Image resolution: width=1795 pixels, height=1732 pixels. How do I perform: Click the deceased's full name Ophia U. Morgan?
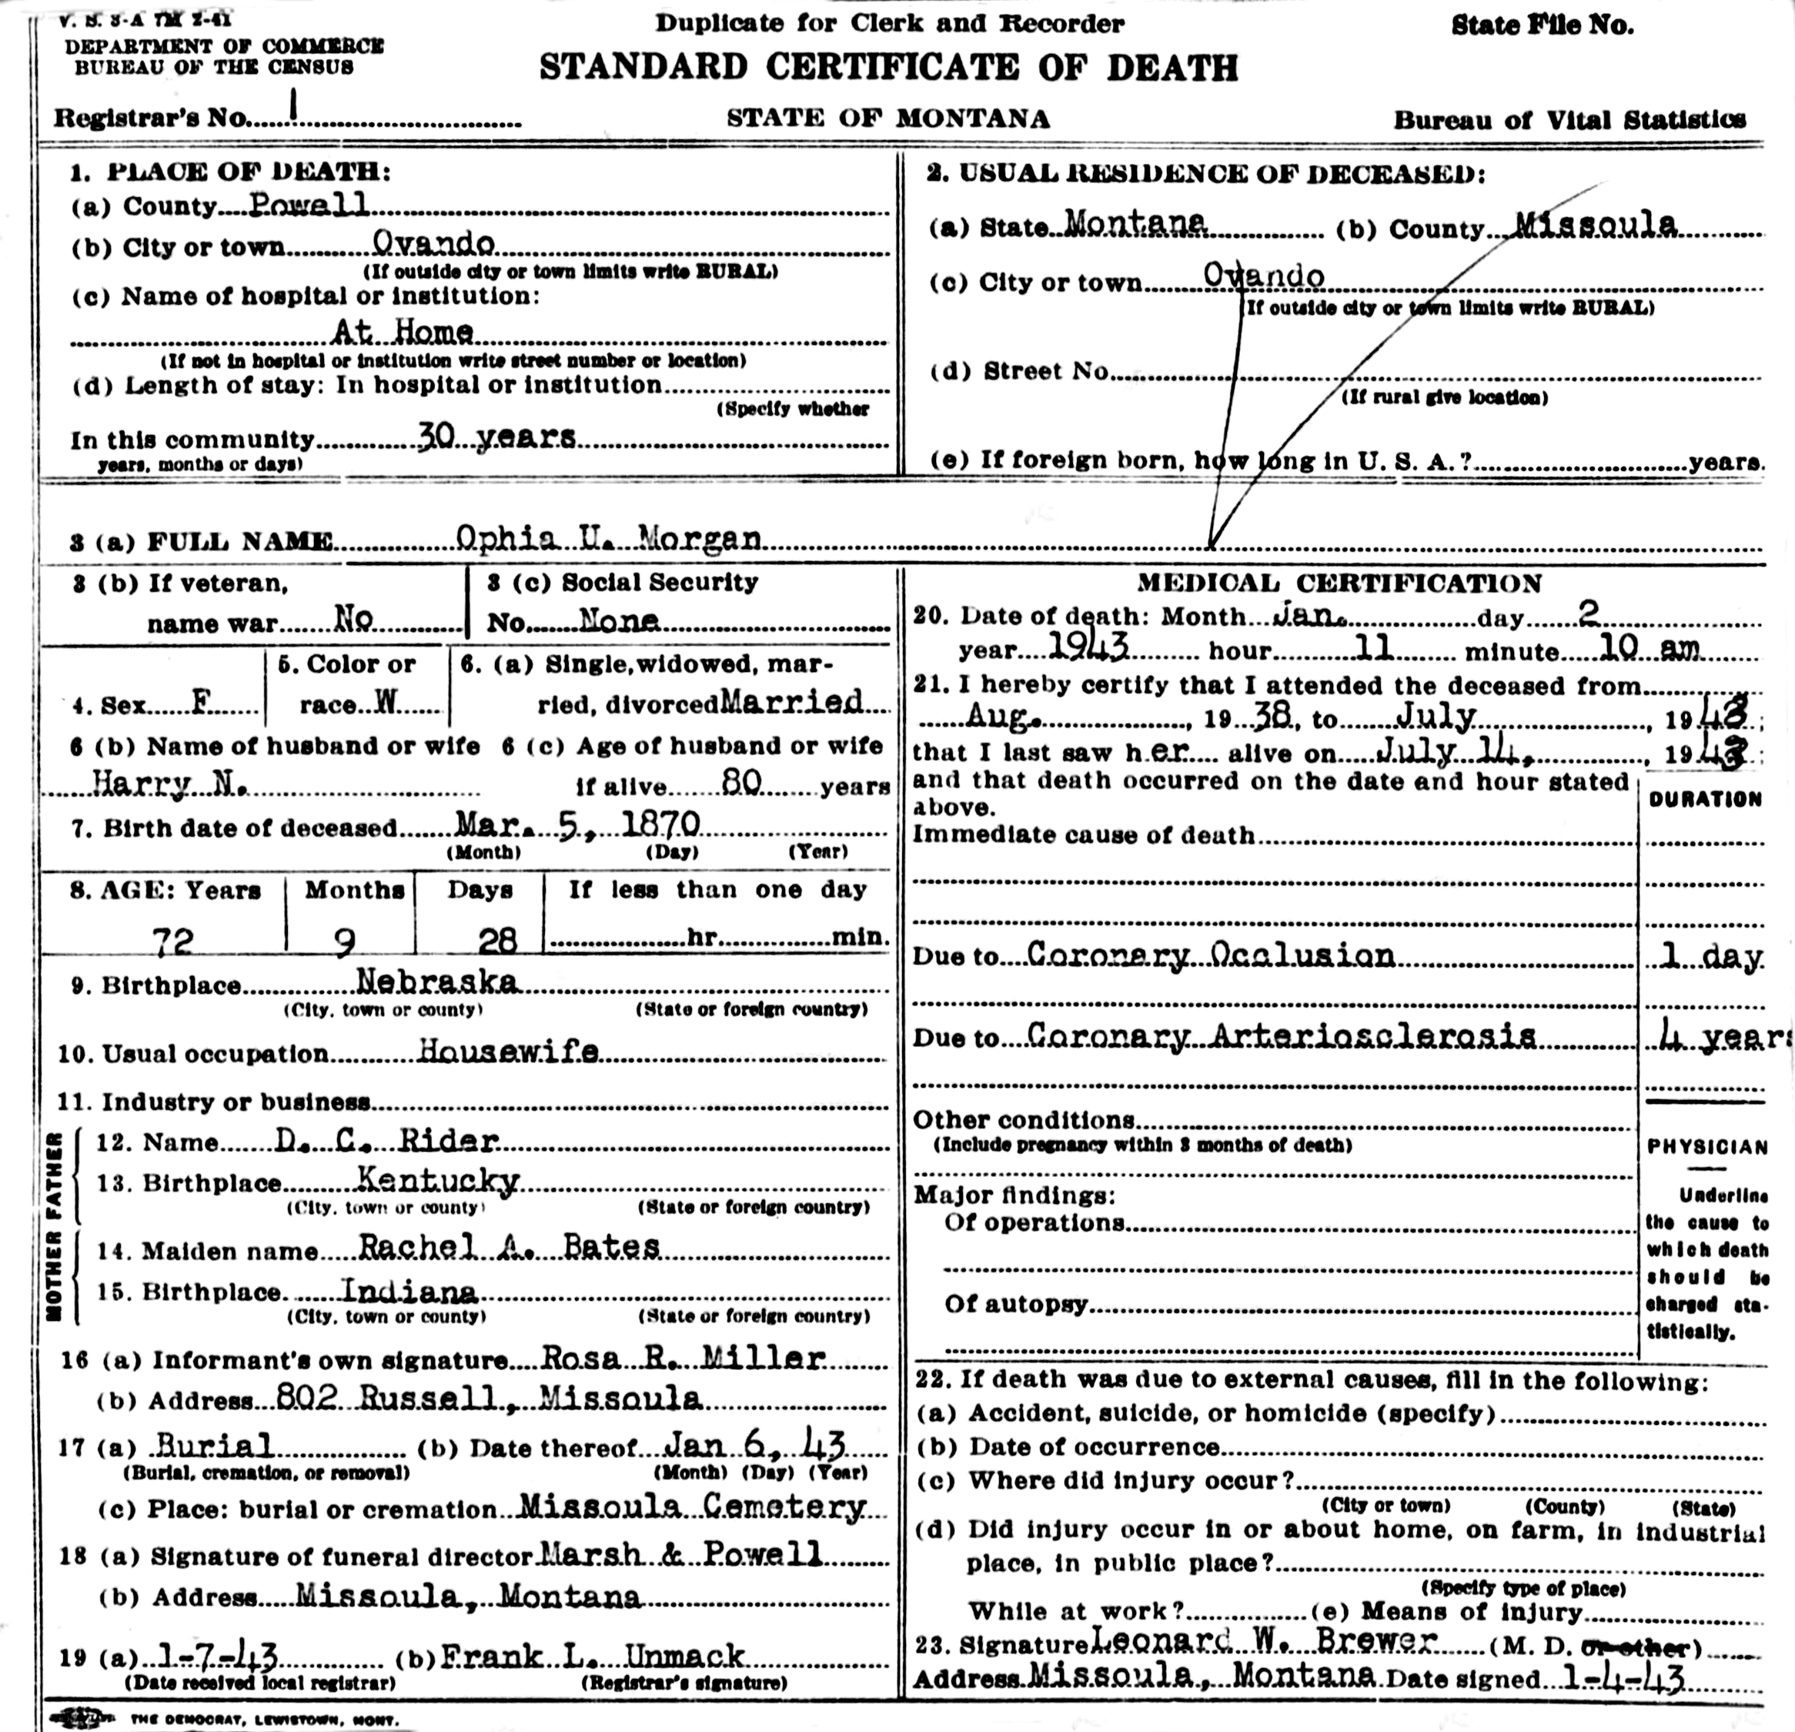point(608,539)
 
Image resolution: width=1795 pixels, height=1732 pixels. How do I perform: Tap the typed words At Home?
point(403,331)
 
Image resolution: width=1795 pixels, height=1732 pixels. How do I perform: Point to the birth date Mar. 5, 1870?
point(577,825)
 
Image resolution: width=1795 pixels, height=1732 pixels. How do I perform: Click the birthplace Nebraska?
point(437,982)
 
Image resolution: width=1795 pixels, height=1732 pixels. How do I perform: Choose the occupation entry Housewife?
point(508,1052)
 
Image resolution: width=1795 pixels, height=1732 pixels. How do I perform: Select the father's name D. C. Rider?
point(386,1140)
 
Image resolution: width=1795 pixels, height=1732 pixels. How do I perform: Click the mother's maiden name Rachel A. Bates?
point(508,1246)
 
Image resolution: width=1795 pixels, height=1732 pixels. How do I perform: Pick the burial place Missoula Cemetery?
point(692,1506)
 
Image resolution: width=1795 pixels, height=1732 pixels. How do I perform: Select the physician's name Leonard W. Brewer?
point(1265,1640)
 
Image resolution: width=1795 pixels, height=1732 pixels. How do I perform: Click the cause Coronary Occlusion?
point(1210,955)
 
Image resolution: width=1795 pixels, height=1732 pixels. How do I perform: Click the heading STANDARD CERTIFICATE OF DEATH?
point(887,68)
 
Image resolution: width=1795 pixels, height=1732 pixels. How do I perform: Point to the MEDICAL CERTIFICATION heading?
point(1339,583)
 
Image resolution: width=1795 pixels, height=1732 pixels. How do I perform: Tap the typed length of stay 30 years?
point(496,437)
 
